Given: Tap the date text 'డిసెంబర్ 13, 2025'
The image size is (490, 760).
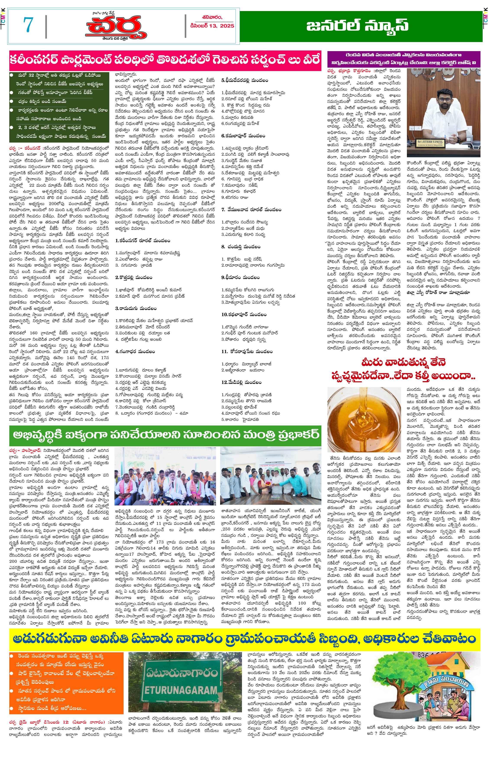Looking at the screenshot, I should point(212,26).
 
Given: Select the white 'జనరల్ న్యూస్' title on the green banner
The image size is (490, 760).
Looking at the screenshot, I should point(357,26).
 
